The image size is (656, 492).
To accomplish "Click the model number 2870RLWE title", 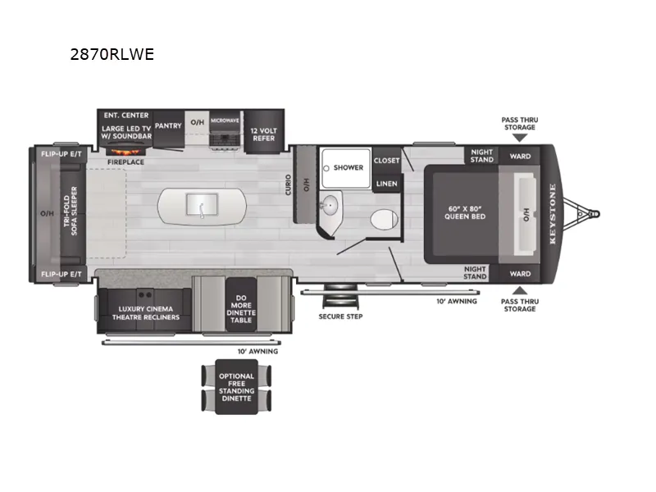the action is tap(112, 54).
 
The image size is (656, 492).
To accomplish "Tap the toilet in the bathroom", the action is tap(384, 219).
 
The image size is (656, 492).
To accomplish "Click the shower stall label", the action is tap(348, 167).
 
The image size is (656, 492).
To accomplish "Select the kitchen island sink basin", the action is tap(202, 205).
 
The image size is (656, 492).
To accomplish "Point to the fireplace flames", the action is tap(125, 152).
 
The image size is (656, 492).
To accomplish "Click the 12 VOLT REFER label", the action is tap(263, 134).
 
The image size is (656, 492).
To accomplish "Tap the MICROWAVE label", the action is tap(225, 121).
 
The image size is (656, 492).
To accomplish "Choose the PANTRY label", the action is tap(168, 125).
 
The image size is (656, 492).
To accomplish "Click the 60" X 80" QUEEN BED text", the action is tap(465, 212).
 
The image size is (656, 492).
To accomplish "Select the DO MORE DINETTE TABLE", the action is tap(241, 305).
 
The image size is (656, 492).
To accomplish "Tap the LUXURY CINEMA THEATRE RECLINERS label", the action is tap(146, 313).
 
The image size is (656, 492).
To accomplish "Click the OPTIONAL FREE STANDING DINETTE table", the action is tap(236, 387).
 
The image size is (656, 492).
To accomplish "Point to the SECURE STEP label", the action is tap(340, 317).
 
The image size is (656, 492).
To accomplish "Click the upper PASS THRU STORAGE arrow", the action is tap(520, 138).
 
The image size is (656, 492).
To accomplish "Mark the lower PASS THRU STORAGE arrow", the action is tap(520, 290).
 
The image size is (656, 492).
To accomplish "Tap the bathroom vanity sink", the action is tap(330, 205).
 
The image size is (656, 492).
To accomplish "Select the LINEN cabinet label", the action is tap(386, 184).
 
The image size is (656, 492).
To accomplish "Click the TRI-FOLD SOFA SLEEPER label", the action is tap(71, 211).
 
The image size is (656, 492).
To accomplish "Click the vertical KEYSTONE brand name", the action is tap(553, 214).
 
